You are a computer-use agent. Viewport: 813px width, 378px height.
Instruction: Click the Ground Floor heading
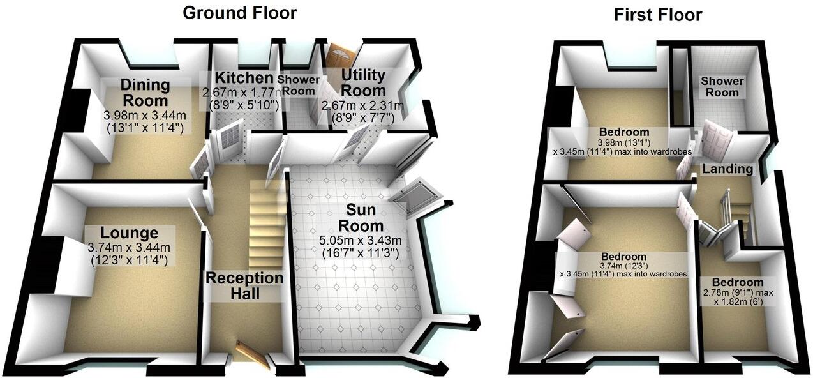click(239, 12)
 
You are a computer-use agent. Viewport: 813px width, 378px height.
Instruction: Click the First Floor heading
click(657, 15)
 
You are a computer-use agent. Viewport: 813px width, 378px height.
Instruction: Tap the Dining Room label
click(145, 93)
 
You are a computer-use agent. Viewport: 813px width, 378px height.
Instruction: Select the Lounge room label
click(129, 232)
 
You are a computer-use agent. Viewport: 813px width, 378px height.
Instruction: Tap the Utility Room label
click(364, 83)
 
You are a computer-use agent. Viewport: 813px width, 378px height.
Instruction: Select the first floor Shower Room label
click(722, 87)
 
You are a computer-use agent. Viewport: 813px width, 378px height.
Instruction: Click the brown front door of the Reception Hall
click(253, 354)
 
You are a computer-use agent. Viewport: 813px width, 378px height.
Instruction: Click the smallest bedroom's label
click(738, 282)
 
